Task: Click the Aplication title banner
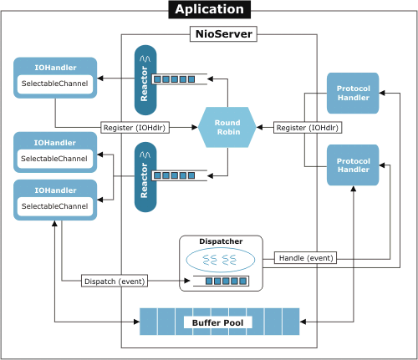(x=210, y=9)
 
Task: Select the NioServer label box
(x=223, y=34)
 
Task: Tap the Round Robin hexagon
(x=227, y=127)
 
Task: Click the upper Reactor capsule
(x=145, y=80)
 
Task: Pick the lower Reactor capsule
(x=145, y=177)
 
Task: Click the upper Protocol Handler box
(x=353, y=93)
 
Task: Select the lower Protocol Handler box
(x=353, y=165)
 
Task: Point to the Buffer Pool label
(x=218, y=322)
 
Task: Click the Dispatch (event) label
(x=115, y=281)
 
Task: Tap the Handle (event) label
(x=306, y=258)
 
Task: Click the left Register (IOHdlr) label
(x=135, y=128)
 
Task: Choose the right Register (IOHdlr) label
(x=308, y=128)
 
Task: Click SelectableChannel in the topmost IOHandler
(x=54, y=84)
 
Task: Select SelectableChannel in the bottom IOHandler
(x=54, y=206)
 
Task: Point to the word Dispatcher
(x=221, y=241)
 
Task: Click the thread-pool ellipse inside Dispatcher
(x=221, y=260)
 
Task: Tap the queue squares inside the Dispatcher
(x=226, y=281)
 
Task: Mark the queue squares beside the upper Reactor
(x=174, y=79)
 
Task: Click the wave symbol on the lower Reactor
(x=145, y=155)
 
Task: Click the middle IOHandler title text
(x=55, y=143)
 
